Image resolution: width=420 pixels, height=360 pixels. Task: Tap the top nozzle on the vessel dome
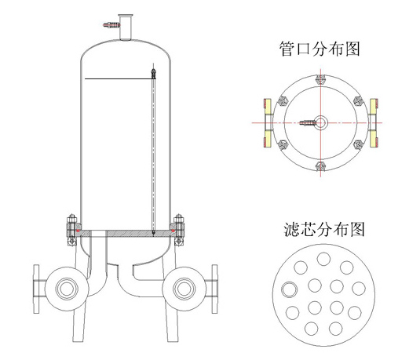(124, 24)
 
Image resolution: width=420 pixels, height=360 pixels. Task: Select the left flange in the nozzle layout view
(267, 122)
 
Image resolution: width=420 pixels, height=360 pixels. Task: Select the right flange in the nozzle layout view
(374, 122)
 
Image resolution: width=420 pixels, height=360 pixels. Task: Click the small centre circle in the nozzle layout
(320, 122)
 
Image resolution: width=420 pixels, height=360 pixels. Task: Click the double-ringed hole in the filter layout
(289, 289)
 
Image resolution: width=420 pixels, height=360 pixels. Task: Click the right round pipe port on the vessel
(184, 287)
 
